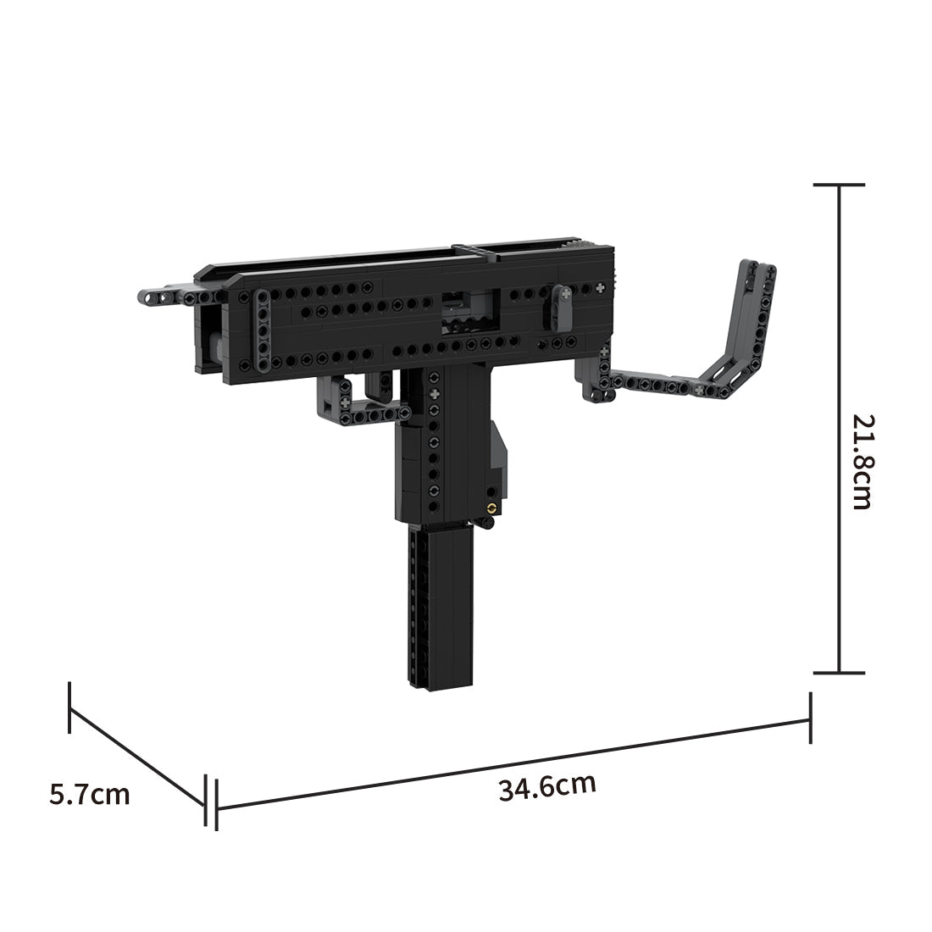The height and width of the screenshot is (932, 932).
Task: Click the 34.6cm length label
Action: (x=546, y=787)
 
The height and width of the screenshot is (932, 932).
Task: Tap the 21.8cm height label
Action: (x=862, y=462)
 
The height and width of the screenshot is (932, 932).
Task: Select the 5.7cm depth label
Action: (x=89, y=794)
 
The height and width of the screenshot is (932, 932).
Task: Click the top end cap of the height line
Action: (x=839, y=185)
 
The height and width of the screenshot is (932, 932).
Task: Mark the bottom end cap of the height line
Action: (x=839, y=673)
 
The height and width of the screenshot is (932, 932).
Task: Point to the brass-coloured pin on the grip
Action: (x=491, y=507)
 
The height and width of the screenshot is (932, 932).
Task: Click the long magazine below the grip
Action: (x=440, y=609)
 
